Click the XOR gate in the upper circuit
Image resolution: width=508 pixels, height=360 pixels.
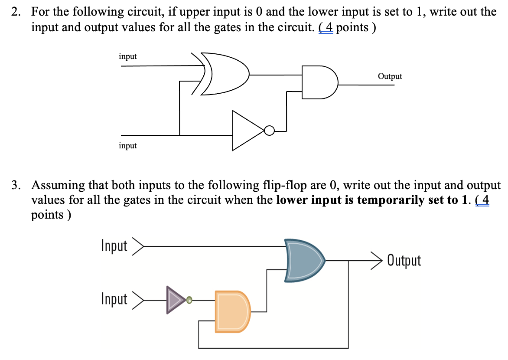(x=225, y=74)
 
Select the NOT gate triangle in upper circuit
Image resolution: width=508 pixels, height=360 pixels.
(x=247, y=131)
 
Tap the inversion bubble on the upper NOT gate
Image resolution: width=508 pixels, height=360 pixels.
(x=270, y=130)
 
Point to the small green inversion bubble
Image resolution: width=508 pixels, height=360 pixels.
(x=189, y=299)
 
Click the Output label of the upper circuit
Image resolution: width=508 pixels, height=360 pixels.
(x=390, y=76)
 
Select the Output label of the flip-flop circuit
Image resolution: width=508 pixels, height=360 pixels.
(x=404, y=261)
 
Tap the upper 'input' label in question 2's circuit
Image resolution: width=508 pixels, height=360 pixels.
(x=127, y=56)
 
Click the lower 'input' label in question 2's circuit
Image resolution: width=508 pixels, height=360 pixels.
(x=127, y=146)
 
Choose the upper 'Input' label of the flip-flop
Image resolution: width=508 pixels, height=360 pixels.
(x=114, y=246)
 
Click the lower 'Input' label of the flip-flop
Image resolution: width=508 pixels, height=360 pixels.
(x=114, y=299)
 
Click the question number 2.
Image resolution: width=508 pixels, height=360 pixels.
(x=16, y=12)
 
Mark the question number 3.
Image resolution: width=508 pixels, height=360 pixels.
(x=16, y=186)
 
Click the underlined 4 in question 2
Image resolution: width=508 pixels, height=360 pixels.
(x=329, y=27)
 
